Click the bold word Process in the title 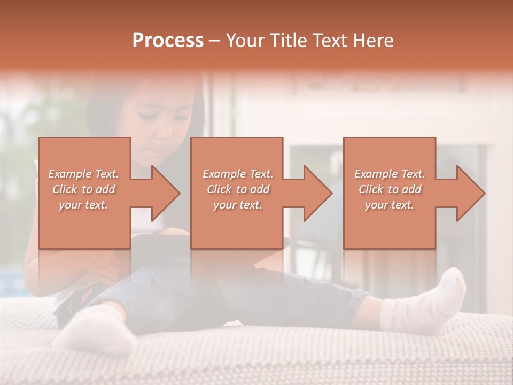click(x=168, y=41)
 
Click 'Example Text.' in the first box click(x=84, y=174)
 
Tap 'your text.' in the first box click(x=84, y=205)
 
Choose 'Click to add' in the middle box click(x=238, y=189)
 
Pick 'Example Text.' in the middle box click(x=238, y=174)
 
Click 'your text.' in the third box click(x=390, y=205)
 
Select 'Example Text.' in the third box click(x=390, y=174)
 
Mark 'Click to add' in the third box click(x=390, y=189)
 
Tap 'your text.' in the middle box click(x=238, y=205)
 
